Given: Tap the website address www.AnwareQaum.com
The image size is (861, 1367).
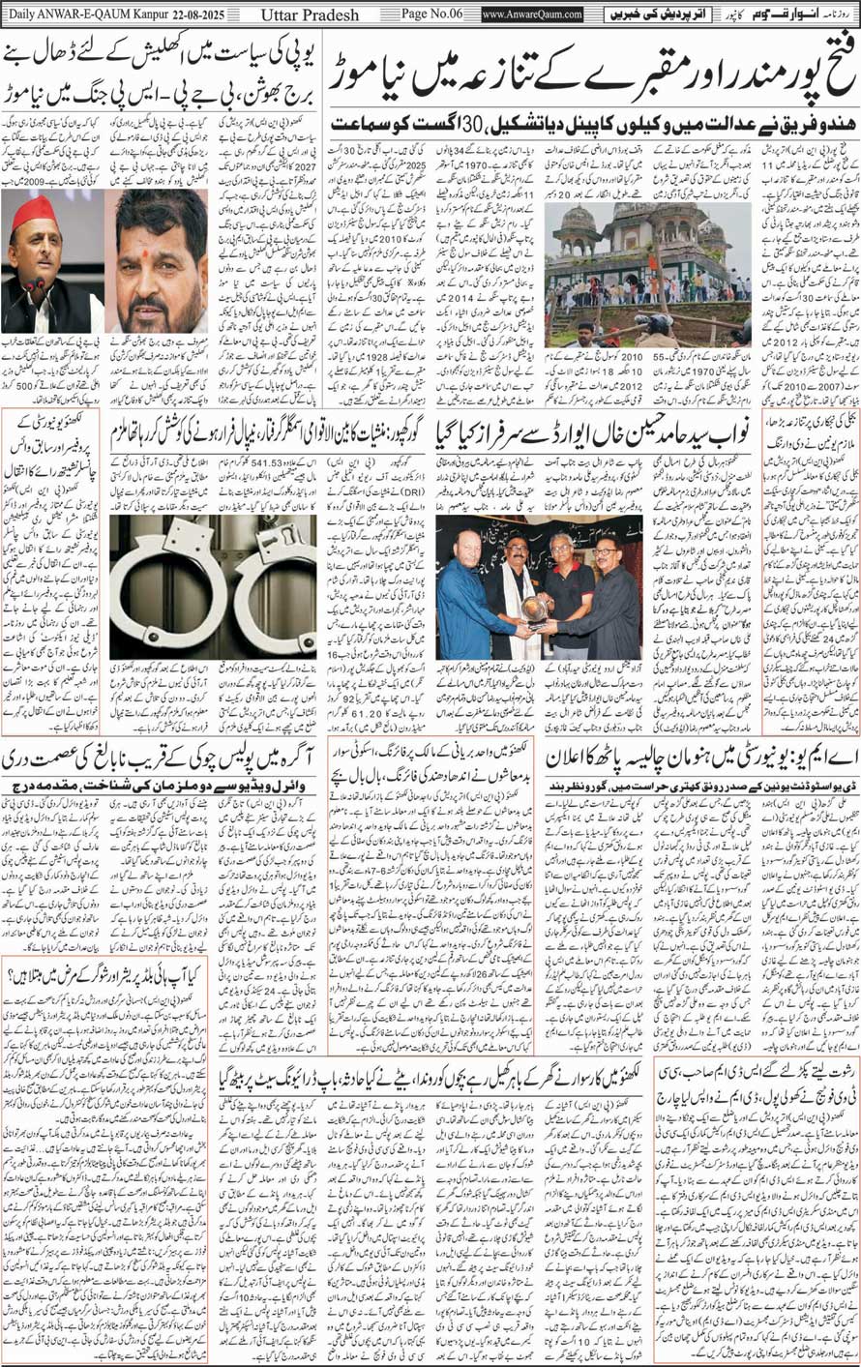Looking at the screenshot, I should [531, 15].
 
